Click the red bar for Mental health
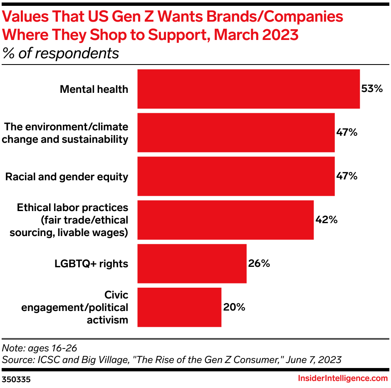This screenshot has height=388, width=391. tap(248, 89)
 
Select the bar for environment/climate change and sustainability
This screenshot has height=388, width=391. tap(236, 132)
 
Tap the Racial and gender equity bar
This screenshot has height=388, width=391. tap(236, 176)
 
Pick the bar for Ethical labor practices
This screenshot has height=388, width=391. tap(225, 220)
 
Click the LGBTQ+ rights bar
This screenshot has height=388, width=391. tap(192, 264)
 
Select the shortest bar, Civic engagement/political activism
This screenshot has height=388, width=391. tap(179, 307)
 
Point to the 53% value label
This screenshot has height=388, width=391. tap(371, 89)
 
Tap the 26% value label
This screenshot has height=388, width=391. tap(259, 264)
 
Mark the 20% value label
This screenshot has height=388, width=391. tap(234, 307)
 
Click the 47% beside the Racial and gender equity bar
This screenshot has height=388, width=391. tap(346, 176)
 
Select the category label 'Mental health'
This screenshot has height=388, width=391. tap(94, 89)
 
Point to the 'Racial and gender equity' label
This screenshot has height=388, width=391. tap(67, 177)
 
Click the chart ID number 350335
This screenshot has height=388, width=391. tap(16, 379)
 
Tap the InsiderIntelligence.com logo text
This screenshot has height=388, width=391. tap(343, 378)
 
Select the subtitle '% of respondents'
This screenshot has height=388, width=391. tap(61, 53)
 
